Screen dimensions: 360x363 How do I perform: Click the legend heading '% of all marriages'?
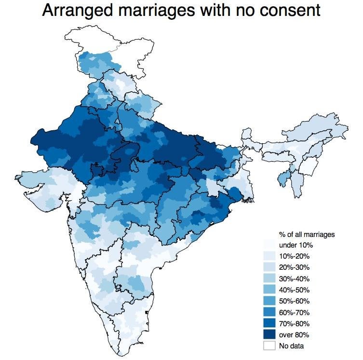tap(307, 235)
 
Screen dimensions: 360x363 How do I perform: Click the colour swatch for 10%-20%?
tap(269, 256)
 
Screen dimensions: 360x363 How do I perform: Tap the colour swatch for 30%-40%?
tap(269, 278)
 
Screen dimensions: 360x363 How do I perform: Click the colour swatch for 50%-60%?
tap(269, 301)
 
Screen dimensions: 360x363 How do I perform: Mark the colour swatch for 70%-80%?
tap(269, 323)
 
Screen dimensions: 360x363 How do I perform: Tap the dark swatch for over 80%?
tap(269, 334)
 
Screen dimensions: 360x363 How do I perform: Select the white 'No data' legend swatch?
tap(269, 346)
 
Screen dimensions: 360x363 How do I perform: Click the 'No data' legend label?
tap(292, 346)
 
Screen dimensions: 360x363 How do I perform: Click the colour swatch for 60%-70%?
tap(269, 312)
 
